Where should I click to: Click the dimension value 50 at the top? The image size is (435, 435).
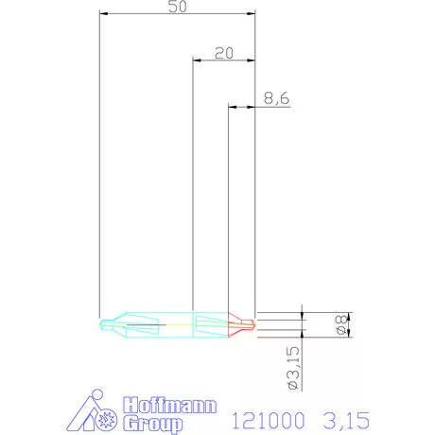(x=176, y=8)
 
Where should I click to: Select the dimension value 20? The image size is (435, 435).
(x=224, y=53)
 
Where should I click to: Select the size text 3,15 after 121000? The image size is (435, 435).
(x=343, y=415)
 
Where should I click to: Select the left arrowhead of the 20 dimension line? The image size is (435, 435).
(x=196, y=61)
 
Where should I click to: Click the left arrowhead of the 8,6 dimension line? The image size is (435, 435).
(x=232, y=107)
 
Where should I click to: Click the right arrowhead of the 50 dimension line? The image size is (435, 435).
(x=252, y=14)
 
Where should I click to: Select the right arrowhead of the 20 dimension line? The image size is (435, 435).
(x=252, y=61)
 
